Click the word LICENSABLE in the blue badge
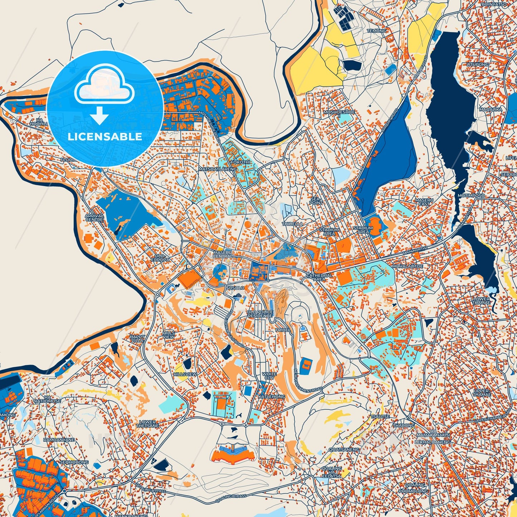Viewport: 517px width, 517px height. [x=105, y=137]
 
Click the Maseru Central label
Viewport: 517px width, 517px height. [x=223, y=254]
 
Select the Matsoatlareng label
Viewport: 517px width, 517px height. [x=218, y=169]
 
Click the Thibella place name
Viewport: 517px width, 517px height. [x=292, y=224]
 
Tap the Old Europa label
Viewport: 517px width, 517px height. [x=160, y=258]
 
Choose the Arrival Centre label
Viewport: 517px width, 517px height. [x=94, y=218]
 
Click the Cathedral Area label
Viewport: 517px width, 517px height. [x=319, y=277]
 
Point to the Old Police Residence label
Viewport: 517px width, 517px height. [x=260, y=314]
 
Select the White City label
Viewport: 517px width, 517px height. [x=269, y=376]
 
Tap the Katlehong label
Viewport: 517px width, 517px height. [x=272, y=396]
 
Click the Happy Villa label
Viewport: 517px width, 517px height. [x=137, y=338]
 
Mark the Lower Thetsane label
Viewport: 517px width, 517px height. [x=147, y=424]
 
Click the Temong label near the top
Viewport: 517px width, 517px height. [x=376, y=31]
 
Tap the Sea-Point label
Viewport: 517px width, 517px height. [x=316, y=201]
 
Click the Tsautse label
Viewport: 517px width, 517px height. [x=380, y=416]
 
